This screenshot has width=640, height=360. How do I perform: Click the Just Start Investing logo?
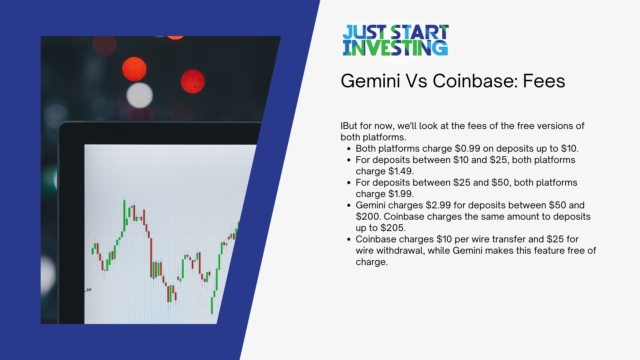[395, 40]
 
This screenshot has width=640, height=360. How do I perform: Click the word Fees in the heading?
[544, 81]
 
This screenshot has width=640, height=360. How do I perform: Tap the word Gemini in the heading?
[370, 81]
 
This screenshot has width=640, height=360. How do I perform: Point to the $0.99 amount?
[467, 149]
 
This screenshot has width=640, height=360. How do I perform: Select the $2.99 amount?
[438, 205]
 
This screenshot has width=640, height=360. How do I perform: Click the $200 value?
[368, 217]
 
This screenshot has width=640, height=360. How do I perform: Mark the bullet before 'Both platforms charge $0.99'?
[349, 149]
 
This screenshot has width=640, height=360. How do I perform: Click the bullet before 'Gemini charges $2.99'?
[349, 206]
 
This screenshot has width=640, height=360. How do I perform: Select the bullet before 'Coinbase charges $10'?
[349, 240]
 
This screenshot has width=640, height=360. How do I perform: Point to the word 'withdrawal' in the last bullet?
[401, 251]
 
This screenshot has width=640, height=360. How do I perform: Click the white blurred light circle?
[139, 95]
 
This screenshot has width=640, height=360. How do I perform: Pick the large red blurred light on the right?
[193, 81]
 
